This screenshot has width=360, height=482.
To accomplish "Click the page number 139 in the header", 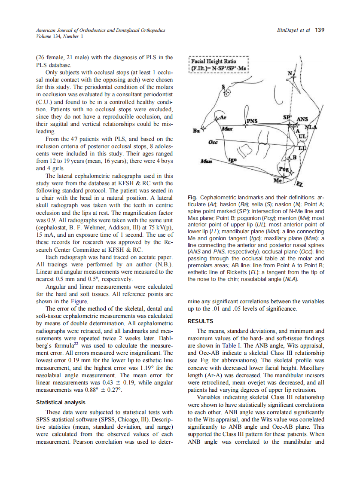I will click(320, 31).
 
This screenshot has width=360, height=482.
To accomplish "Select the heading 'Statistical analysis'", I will click(61, 403).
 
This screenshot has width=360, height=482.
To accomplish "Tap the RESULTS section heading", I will click(201, 321).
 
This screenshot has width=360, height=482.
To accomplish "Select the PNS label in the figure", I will click(252, 121).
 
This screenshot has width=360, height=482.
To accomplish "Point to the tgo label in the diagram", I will click(232, 159).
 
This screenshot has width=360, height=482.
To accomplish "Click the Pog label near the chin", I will click(284, 169).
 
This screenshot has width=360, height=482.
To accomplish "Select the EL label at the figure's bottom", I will click(300, 185).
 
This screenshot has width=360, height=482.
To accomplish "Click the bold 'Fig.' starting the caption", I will click(193, 197).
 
